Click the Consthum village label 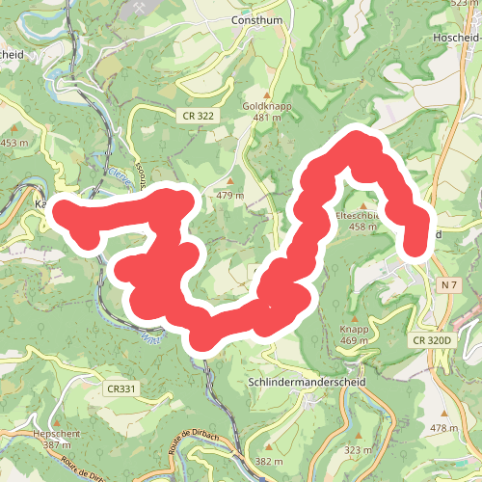[x=254, y=19]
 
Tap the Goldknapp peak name [x=267, y=105]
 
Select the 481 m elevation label [x=267, y=118]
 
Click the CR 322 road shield [x=197, y=115]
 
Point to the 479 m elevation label [x=230, y=196]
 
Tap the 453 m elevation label [x=14, y=143]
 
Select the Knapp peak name [x=355, y=329]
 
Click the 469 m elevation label [x=355, y=341]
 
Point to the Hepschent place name [x=55, y=433]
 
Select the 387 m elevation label [x=55, y=444]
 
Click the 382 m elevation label [x=269, y=462]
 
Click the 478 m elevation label [x=444, y=427]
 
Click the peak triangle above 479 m [x=230, y=181]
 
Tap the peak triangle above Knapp [x=355, y=317]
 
